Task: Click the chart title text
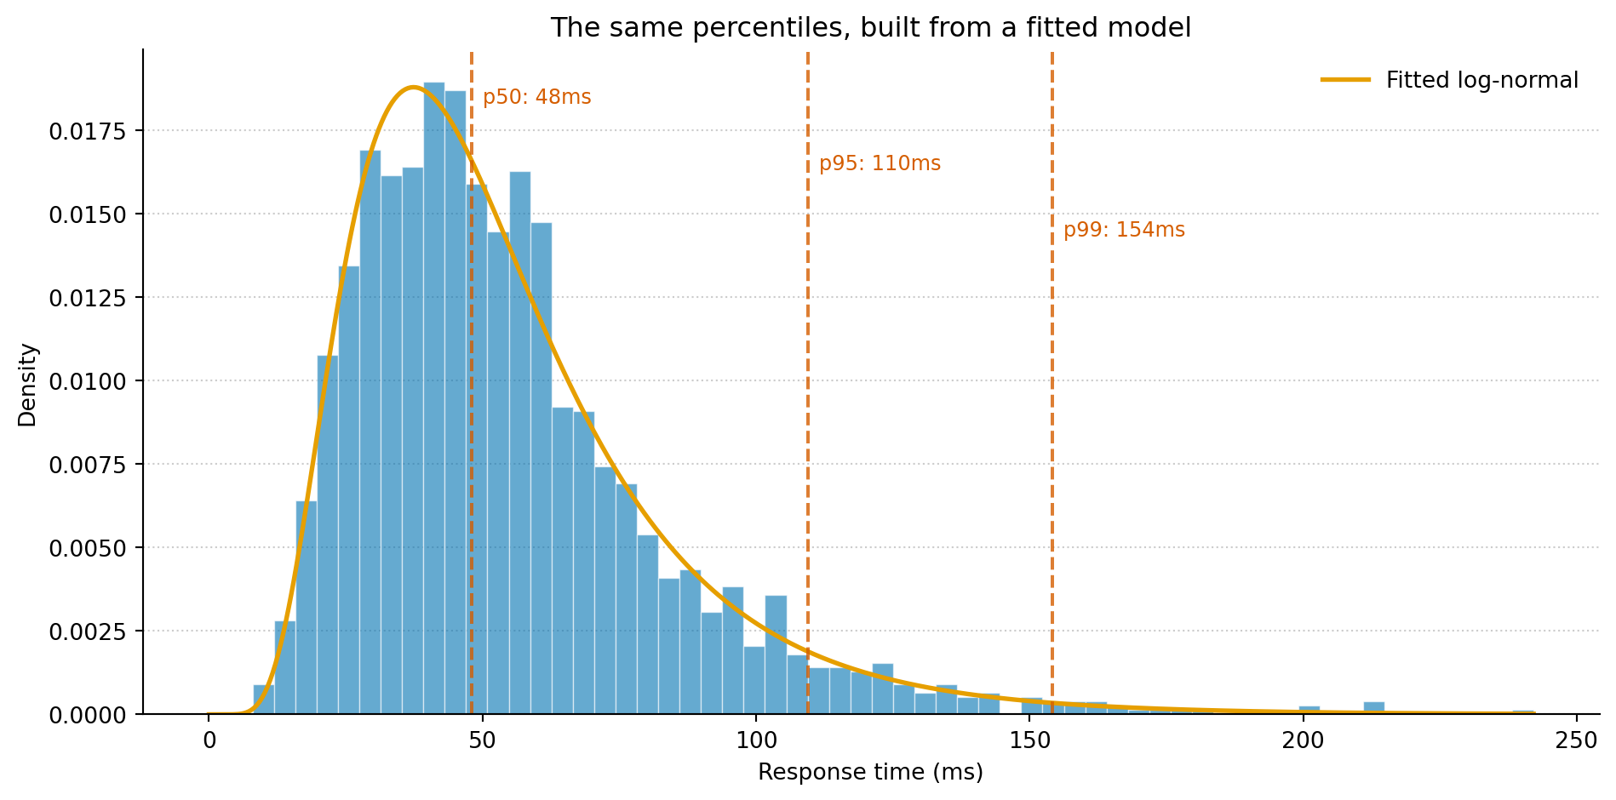click(x=870, y=28)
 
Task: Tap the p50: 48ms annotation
click(x=536, y=97)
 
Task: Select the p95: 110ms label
click(x=880, y=163)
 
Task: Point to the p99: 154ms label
click(x=1124, y=230)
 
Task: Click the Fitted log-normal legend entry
click(x=1481, y=80)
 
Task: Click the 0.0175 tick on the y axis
click(x=87, y=131)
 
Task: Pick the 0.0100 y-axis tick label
click(x=87, y=381)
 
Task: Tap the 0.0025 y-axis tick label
click(x=87, y=631)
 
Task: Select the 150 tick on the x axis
click(x=1029, y=740)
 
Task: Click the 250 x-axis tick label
click(x=1577, y=740)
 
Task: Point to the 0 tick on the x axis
click(x=209, y=740)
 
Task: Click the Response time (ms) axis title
click(x=870, y=772)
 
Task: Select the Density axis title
click(x=28, y=385)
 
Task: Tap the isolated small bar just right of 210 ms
click(x=1373, y=707)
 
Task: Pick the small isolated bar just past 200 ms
click(x=1309, y=710)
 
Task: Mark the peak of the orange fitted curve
click(x=413, y=87)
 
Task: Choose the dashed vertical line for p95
click(x=808, y=383)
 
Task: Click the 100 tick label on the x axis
click(x=756, y=740)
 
